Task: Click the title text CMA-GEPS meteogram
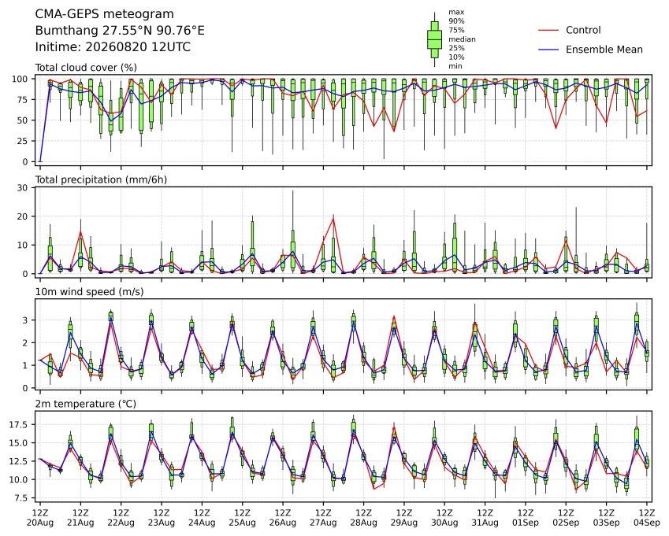click(x=105, y=14)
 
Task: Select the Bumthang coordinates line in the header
click(x=120, y=31)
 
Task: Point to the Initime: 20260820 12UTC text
click(x=113, y=47)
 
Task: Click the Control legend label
click(x=583, y=30)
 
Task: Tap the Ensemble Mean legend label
click(x=604, y=50)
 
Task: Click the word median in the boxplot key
click(x=462, y=39)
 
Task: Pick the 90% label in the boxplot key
click(x=456, y=21)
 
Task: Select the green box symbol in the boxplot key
click(x=434, y=39)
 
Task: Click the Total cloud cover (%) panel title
click(x=86, y=68)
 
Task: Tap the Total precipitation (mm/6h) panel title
click(x=101, y=179)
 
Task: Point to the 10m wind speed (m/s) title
click(x=89, y=292)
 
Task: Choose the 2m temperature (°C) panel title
click(x=85, y=404)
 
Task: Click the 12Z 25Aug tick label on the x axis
click(x=243, y=517)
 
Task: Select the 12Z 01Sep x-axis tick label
click(x=526, y=517)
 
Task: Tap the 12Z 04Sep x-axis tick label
click(x=647, y=517)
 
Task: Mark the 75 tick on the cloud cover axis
click(x=23, y=100)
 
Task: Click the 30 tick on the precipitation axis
click(x=23, y=188)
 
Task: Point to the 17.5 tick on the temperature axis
click(x=18, y=424)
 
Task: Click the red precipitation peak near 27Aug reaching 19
click(x=333, y=218)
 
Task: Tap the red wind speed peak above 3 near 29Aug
click(x=394, y=316)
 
